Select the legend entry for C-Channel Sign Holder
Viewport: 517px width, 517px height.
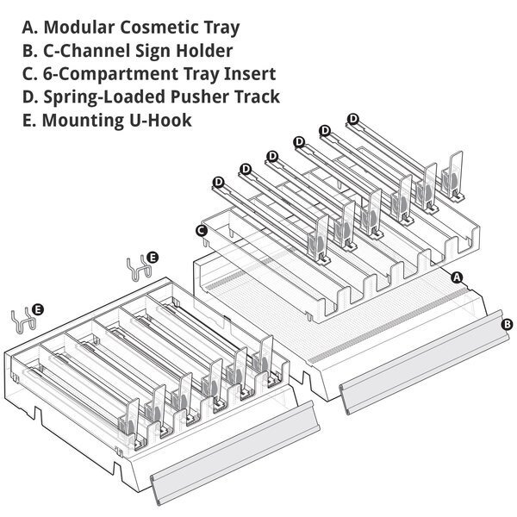(128, 51)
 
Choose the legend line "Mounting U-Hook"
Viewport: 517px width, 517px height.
(107, 120)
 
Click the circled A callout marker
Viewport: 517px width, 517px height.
(458, 277)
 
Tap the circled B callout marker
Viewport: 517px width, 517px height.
(507, 325)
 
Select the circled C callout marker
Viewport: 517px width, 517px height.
(201, 230)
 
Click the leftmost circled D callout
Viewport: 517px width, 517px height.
(218, 182)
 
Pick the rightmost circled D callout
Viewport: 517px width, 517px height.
(353, 119)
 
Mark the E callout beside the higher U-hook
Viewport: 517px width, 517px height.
(153, 257)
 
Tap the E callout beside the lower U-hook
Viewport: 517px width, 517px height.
(38, 308)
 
